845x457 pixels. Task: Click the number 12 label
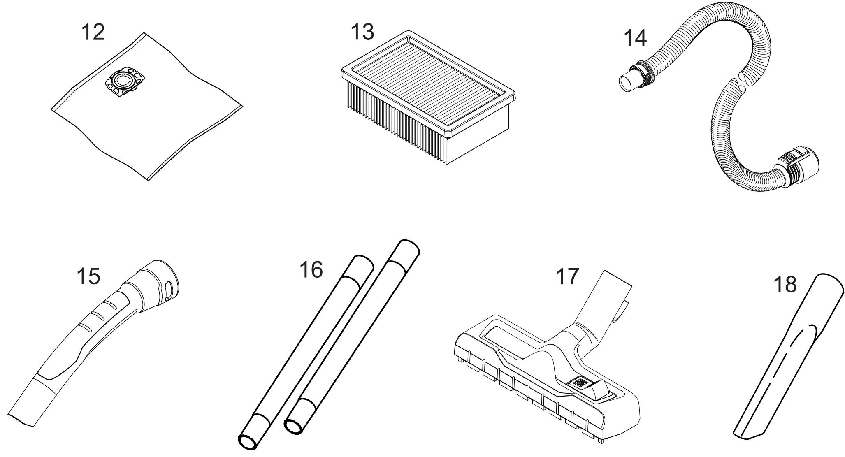click(x=93, y=32)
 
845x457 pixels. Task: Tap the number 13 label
click(x=362, y=32)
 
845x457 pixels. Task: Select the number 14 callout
click(x=635, y=38)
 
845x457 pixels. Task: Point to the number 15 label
click(x=88, y=276)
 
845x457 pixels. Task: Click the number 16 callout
click(x=311, y=270)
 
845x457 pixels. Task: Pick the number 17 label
click(x=567, y=276)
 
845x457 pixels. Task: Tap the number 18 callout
click(x=785, y=285)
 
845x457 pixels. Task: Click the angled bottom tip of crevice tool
click(x=745, y=444)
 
